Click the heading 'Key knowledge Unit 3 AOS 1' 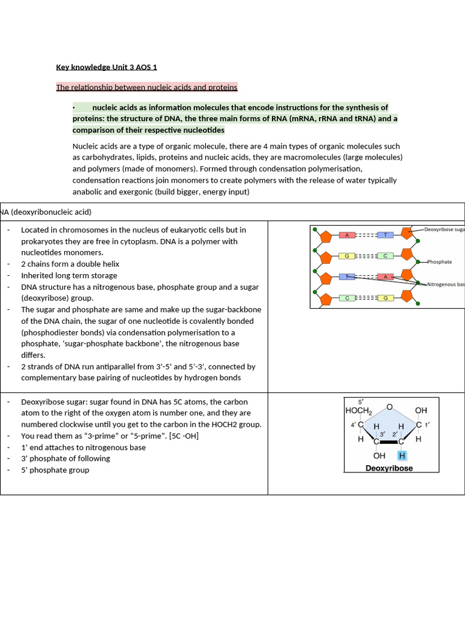click(106, 67)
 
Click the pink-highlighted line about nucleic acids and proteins click(147, 87)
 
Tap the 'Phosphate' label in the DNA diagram click(440, 262)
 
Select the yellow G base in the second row click(348, 256)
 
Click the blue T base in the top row click(386, 235)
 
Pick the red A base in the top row click(348, 235)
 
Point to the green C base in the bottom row click(348, 298)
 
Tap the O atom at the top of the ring click(389, 407)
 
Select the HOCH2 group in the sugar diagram click(358, 411)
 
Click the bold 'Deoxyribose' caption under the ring click(389, 468)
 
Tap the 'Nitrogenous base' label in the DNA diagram click(446, 284)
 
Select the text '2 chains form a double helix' click(70, 264)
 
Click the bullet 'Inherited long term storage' click(69, 275)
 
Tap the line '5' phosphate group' click(55, 470)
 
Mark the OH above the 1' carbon click(421, 411)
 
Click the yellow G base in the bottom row click(386, 298)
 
